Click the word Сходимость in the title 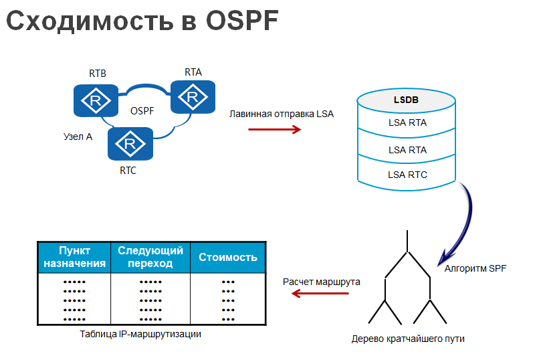click(90, 21)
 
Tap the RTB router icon click(96, 100)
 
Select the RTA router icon click(193, 97)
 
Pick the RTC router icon click(130, 144)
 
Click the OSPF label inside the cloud click(142, 110)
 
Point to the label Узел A click(78, 137)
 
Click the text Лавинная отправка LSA click(281, 114)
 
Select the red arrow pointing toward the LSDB click(275, 129)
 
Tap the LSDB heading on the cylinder click(406, 100)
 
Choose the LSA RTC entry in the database click(407, 175)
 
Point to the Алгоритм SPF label click(475, 268)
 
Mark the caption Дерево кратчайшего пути click(408, 339)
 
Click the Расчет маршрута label click(322, 282)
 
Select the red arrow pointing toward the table click(320, 293)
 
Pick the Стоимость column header click(228, 257)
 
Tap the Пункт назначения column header click(74, 257)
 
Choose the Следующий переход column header click(150, 257)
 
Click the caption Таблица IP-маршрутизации click(140, 334)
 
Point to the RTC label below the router click(128, 170)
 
